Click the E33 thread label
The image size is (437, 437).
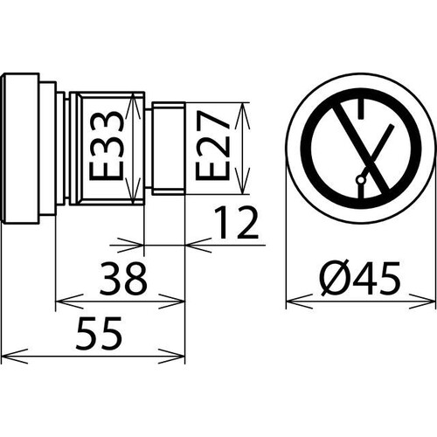pos(105,149)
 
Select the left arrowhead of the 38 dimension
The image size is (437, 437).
pos(63,303)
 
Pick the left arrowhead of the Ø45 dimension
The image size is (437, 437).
pos(293,303)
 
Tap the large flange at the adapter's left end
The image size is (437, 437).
pos(20,149)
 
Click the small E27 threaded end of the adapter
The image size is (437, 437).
pos(166,149)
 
